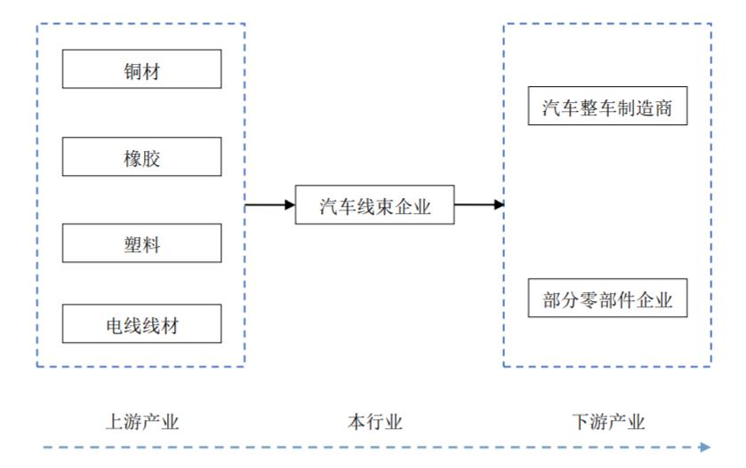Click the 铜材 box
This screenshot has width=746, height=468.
pyautogui.click(x=141, y=69)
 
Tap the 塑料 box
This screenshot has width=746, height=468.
pyautogui.click(x=141, y=243)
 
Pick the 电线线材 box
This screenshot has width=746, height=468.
pyautogui.click(x=141, y=323)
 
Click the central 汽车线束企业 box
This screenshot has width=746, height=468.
pyautogui.click(x=374, y=205)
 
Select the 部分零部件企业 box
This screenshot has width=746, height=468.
pyautogui.click(x=607, y=299)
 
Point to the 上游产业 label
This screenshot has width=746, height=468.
pyautogui.click(x=142, y=422)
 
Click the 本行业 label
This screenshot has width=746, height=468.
pyautogui.click(x=374, y=422)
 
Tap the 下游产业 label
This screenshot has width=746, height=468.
pyautogui.click(x=608, y=422)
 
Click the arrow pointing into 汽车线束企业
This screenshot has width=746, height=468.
pyautogui.click(x=270, y=205)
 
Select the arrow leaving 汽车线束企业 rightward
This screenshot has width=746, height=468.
pyautogui.click(x=479, y=205)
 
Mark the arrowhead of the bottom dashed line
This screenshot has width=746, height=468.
pyautogui.click(x=705, y=447)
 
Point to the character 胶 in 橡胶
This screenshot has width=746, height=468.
pyautogui.click(x=151, y=158)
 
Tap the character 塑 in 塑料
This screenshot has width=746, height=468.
pyautogui.click(x=132, y=244)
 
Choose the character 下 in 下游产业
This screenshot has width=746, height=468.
pyautogui.click(x=581, y=422)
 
